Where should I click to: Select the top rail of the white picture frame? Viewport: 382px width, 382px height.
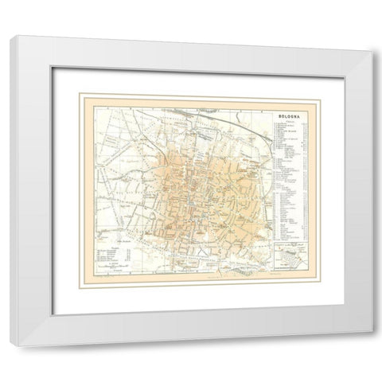pos(191,46)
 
